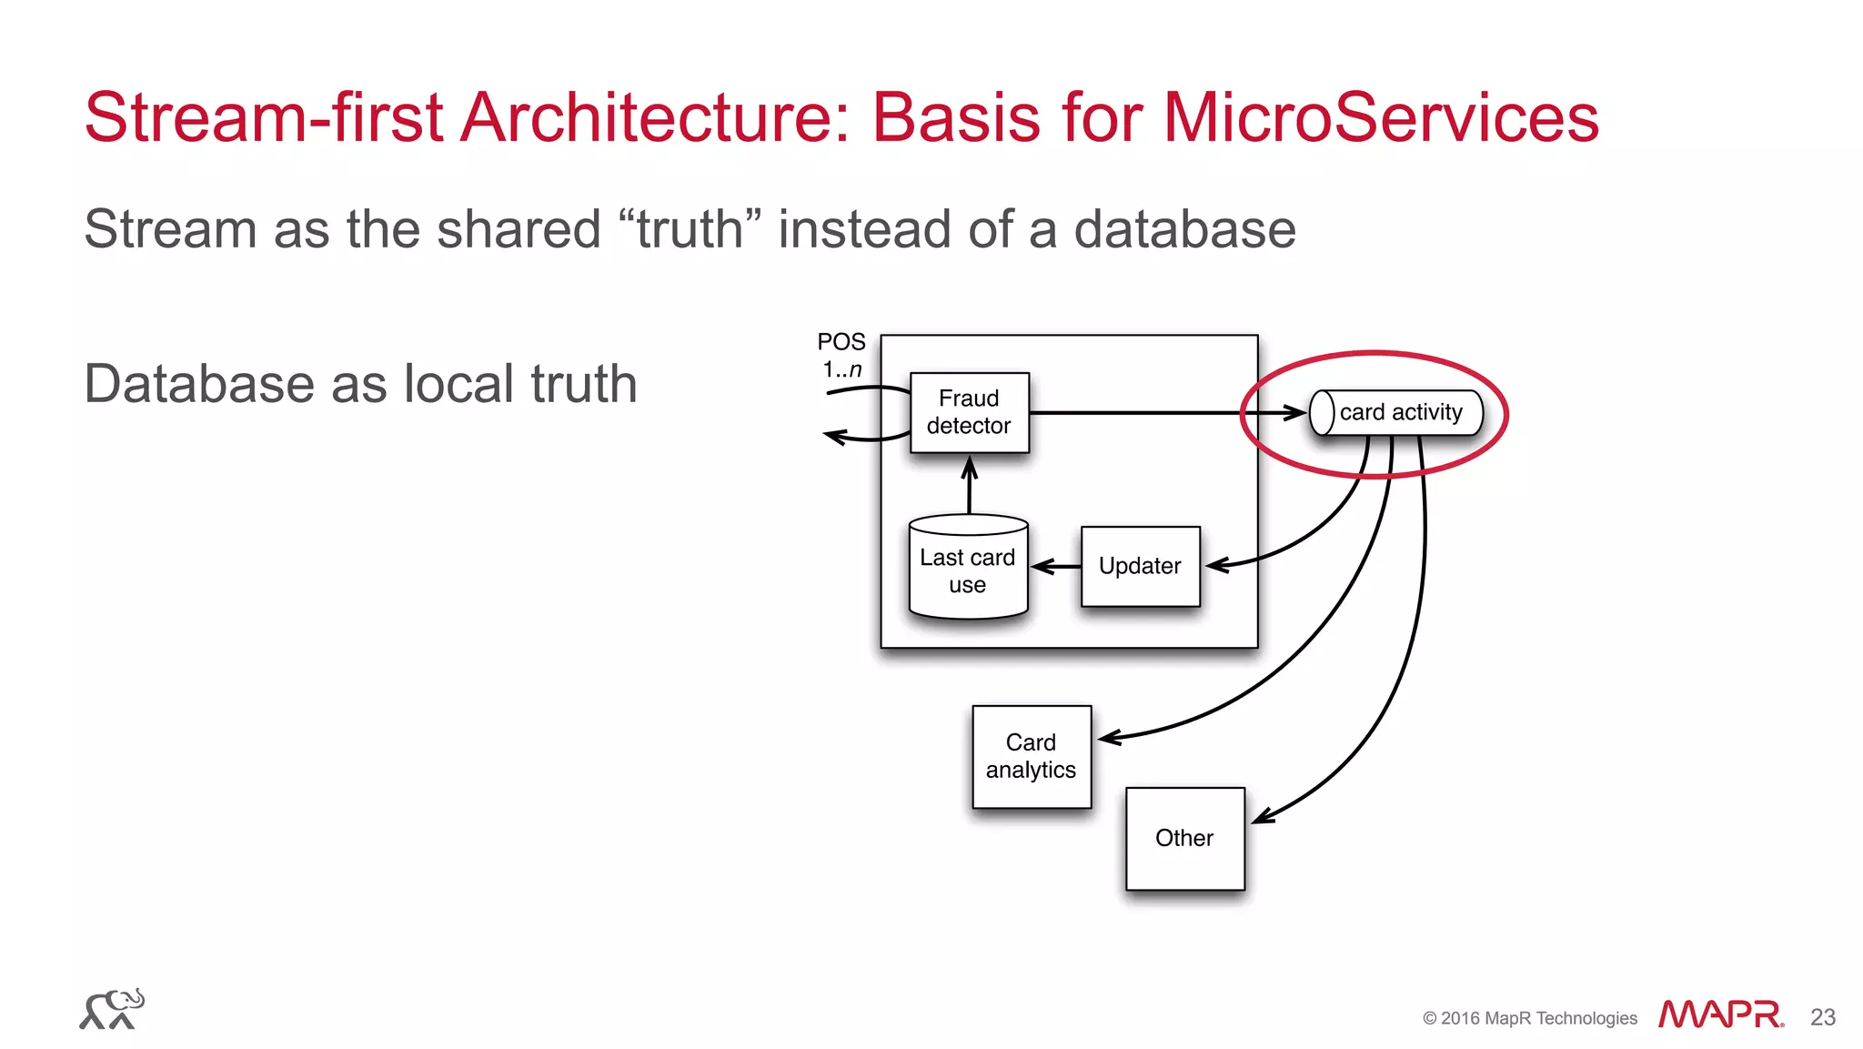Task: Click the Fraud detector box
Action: point(969,412)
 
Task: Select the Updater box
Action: point(1140,566)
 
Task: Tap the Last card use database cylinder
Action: point(968,570)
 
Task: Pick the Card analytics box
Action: point(1031,756)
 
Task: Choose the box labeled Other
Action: point(1184,838)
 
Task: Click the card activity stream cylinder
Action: point(1396,412)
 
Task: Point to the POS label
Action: point(841,342)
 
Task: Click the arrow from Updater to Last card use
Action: point(1055,567)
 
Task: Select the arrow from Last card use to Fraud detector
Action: point(969,486)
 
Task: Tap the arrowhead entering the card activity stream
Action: point(1295,413)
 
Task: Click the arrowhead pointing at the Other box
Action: point(1263,816)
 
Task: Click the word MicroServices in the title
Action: point(1381,118)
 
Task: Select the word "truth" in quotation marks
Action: point(690,228)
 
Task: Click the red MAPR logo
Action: point(1720,1014)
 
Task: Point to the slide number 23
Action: point(1823,1017)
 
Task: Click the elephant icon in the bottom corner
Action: point(112,1009)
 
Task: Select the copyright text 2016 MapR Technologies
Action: point(1530,1018)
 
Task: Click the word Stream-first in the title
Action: point(264,118)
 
